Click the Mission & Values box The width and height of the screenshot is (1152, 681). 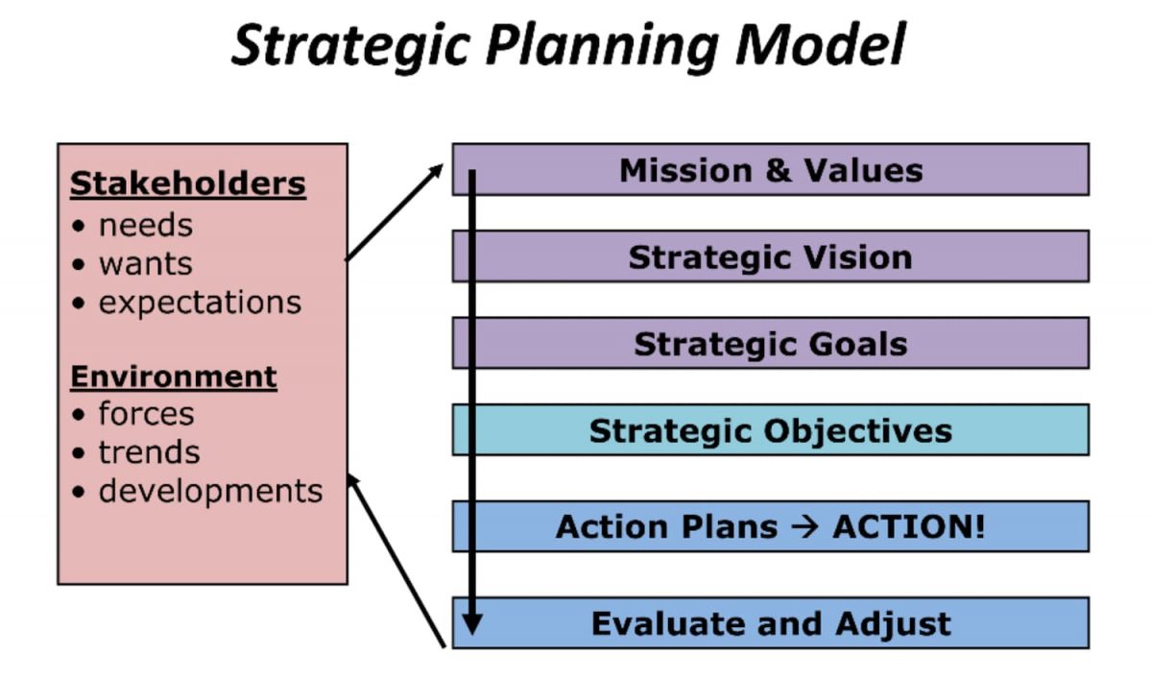pyautogui.click(x=770, y=170)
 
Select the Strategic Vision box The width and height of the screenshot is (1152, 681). pyautogui.click(x=770, y=256)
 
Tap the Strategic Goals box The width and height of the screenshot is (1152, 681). pyautogui.click(x=770, y=344)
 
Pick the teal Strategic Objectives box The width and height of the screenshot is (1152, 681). pyautogui.click(x=770, y=430)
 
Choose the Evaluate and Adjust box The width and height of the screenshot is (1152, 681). pyautogui.click(x=770, y=623)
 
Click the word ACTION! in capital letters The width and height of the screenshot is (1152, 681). pyautogui.click(x=908, y=526)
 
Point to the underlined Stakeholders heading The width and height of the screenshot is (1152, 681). pyautogui.click(x=188, y=182)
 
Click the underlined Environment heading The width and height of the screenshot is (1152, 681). pyautogui.click(x=174, y=376)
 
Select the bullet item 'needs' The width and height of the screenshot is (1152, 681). pyautogui.click(x=145, y=225)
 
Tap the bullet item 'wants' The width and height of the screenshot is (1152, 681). pyautogui.click(x=145, y=263)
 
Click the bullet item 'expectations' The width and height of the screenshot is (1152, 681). pyautogui.click(x=200, y=303)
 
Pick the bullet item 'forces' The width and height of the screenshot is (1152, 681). pyautogui.click(x=146, y=414)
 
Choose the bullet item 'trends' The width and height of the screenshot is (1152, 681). pyautogui.click(x=149, y=452)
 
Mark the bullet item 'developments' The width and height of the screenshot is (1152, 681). pyautogui.click(x=210, y=491)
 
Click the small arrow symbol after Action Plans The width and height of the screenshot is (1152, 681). pyautogui.click(x=804, y=526)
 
